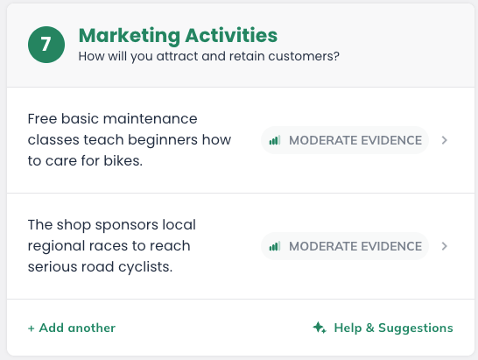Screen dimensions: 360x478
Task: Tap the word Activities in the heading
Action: coord(231,35)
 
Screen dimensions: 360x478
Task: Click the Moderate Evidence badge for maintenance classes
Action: coord(345,140)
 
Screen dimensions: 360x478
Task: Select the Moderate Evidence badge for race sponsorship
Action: coord(345,246)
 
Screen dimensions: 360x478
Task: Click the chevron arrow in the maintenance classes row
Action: coord(445,140)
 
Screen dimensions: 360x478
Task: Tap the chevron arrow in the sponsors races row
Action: coord(445,246)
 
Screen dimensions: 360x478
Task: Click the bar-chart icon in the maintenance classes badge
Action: coord(275,140)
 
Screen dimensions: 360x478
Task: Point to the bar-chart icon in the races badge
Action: coord(275,246)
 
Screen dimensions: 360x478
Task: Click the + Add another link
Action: coord(72,328)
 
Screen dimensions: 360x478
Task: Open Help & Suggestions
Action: coord(391,328)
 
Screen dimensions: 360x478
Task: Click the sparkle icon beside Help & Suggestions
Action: coord(319,328)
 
